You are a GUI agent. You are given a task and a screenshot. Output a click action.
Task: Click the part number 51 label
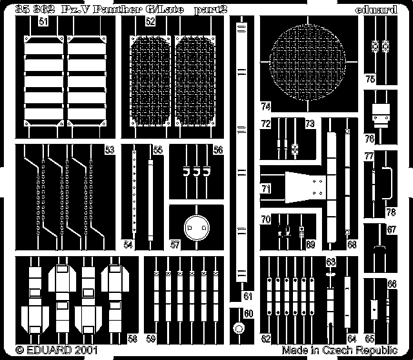point(43,21)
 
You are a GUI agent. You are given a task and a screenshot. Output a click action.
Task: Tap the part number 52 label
point(150,21)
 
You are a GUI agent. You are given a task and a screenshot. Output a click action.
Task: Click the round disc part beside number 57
point(196,228)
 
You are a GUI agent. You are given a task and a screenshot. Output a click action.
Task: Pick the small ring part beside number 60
point(238,328)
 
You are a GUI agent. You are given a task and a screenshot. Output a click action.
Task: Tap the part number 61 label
point(247,296)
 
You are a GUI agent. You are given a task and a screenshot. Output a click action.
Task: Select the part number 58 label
point(132,337)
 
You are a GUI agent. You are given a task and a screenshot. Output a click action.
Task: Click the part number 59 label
point(150,337)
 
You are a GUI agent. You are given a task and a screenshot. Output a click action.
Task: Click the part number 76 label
point(370,137)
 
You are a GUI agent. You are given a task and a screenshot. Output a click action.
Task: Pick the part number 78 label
point(390,212)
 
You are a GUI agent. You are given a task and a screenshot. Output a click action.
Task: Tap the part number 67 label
point(390,230)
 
